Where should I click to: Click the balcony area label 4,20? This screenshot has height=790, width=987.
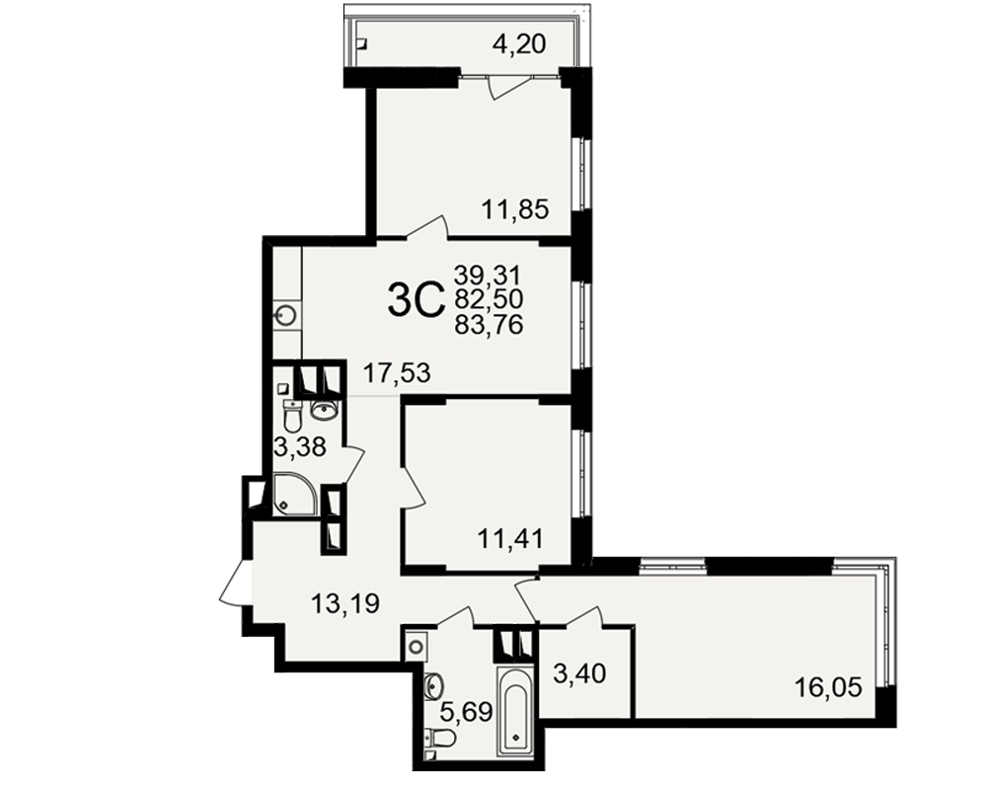point(519,44)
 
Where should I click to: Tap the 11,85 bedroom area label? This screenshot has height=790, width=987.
point(515,209)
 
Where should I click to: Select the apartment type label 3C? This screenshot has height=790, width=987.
point(417,301)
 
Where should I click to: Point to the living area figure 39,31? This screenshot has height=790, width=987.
point(489,275)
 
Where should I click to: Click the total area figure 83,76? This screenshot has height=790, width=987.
point(489,325)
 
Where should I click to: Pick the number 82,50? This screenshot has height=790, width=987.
point(489,300)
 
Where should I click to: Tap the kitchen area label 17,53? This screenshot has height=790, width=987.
point(397,373)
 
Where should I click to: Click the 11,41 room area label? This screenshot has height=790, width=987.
point(510,539)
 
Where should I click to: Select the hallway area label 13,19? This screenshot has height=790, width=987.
point(345,603)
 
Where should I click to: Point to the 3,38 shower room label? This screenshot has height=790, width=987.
point(300,447)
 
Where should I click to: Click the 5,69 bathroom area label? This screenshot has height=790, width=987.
point(466,713)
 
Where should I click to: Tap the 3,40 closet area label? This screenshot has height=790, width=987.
point(579,674)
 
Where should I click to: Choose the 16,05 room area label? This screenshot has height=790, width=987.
point(828,687)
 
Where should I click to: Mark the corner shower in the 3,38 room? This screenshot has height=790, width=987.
point(293,494)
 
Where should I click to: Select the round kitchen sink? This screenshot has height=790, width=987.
point(287,314)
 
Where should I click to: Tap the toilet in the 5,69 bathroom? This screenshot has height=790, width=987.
point(440,737)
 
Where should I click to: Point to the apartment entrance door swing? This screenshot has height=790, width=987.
point(236,583)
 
